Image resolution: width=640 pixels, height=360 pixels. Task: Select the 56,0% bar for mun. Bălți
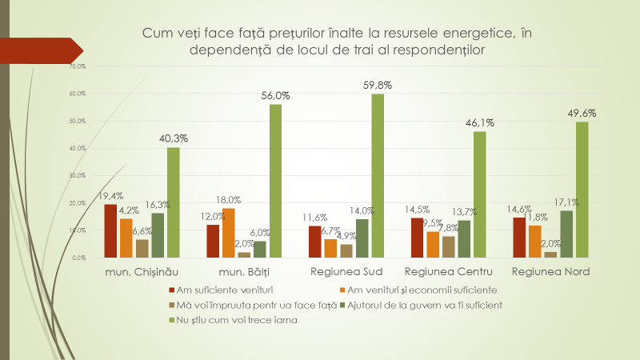pyautogui.click(x=275, y=181)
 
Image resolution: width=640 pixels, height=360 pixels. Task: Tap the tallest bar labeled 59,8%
pyautogui.click(x=377, y=175)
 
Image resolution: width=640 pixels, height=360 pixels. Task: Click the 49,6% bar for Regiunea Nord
pyautogui.click(x=582, y=190)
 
